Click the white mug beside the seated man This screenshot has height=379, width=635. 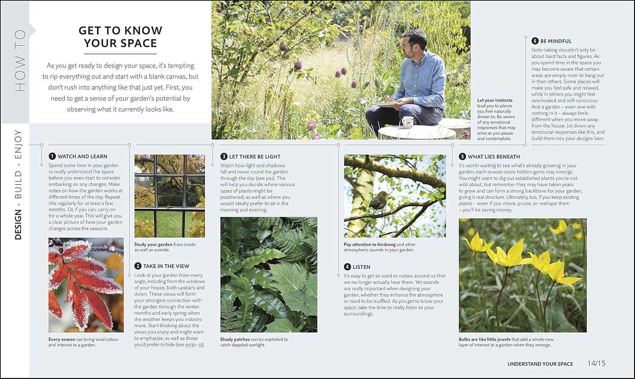point(407,122)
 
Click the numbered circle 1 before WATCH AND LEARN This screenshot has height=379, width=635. point(52,157)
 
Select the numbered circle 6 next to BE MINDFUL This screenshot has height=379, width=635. point(535,41)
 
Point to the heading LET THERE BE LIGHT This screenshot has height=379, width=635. point(255,157)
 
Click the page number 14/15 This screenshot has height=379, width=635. point(596,363)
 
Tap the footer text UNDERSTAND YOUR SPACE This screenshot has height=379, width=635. point(540,364)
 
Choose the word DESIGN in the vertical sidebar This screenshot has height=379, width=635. point(18,225)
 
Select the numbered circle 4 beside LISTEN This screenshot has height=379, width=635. point(348,267)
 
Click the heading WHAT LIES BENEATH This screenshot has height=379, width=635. point(494,157)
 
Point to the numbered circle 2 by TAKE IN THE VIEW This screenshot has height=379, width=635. point(138,266)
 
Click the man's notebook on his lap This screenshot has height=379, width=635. point(384,103)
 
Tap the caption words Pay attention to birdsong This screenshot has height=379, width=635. point(370,244)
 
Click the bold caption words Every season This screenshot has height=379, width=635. point(62,339)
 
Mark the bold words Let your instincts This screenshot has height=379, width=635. point(494,100)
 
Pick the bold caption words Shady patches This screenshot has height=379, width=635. point(235,339)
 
